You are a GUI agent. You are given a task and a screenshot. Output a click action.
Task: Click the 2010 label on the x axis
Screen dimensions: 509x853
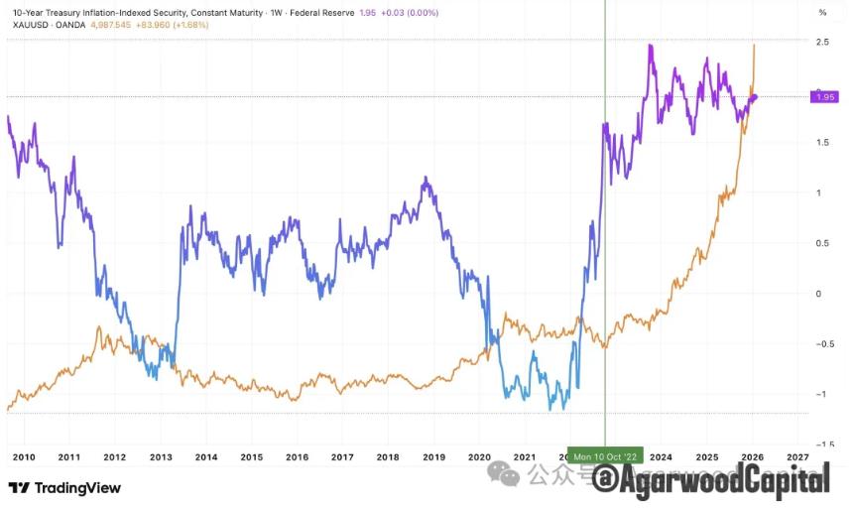[24, 456]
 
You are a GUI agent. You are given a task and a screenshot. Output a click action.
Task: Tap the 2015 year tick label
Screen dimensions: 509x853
[251, 456]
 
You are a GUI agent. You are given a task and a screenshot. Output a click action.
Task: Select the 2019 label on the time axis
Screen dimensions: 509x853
[433, 456]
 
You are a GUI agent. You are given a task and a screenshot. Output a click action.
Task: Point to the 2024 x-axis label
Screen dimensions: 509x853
[661, 456]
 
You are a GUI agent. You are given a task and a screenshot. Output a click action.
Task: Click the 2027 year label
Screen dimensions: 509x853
[797, 456]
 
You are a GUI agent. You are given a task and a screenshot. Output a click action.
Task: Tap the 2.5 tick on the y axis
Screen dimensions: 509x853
[823, 42]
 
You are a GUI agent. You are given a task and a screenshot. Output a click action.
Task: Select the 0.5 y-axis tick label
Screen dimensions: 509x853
[823, 243]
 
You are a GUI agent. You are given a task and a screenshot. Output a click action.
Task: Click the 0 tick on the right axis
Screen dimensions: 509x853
[819, 294]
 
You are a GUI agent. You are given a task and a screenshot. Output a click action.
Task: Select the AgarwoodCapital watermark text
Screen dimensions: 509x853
[724, 481]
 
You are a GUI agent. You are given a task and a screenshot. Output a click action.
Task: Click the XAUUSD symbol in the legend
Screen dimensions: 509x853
[28, 24]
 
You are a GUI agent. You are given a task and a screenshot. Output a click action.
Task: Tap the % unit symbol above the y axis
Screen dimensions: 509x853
[822, 12]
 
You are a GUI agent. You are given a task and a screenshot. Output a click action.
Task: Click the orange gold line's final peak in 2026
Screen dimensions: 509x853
[754, 45]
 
